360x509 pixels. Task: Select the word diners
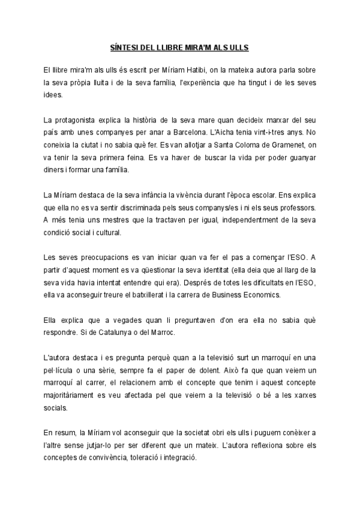point(55,170)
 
